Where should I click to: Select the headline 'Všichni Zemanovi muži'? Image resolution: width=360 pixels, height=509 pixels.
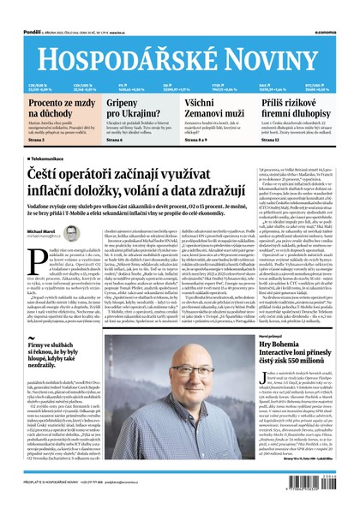[209, 109]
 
